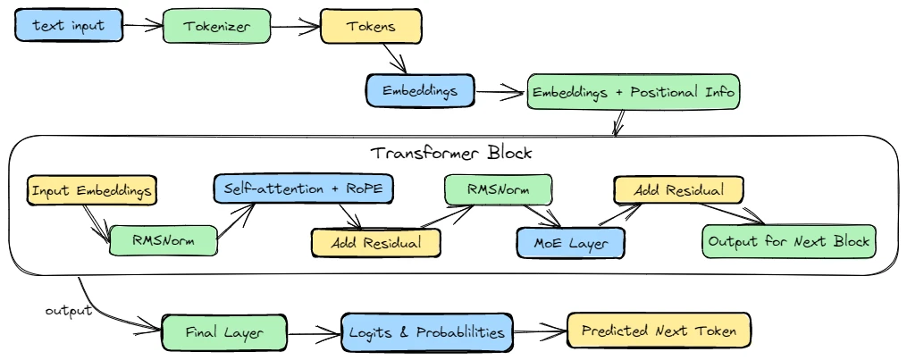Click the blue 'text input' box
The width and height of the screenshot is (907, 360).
click(68, 26)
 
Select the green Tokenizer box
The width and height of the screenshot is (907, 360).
click(215, 27)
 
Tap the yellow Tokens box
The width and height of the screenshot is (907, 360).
click(370, 27)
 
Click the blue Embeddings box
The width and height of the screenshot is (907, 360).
click(420, 91)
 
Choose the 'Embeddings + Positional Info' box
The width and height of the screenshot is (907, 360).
click(634, 92)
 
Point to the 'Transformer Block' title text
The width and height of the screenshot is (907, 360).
click(451, 153)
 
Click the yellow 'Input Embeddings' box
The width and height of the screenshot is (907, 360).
click(93, 190)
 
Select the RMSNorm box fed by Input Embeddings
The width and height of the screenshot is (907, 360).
click(163, 239)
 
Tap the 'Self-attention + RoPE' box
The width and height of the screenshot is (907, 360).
click(303, 189)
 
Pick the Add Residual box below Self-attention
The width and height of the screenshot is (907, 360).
click(376, 241)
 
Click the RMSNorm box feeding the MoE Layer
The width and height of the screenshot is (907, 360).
click(498, 189)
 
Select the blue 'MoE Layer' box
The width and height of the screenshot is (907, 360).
click(571, 241)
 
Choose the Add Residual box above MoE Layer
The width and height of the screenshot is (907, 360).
click(678, 189)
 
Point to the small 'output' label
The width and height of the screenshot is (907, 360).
click(68, 310)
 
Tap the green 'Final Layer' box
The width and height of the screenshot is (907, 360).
click(224, 332)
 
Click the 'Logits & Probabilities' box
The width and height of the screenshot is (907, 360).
click(427, 332)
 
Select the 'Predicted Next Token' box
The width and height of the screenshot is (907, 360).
click(659, 331)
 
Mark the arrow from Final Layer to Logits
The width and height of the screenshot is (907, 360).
click(315, 334)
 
